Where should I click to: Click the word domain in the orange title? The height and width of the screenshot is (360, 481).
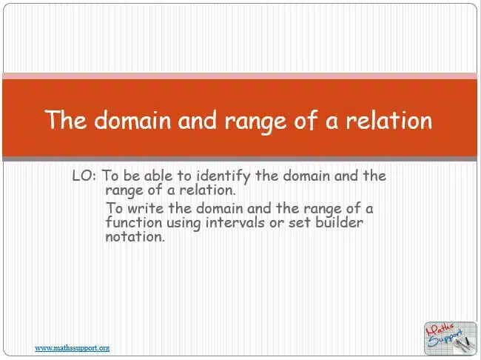click(x=132, y=120)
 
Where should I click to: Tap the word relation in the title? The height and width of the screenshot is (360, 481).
click(x=389, y=120)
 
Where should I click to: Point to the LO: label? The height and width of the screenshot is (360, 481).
click(x=84, y=176)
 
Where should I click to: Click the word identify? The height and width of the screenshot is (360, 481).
click(x=223, y=176)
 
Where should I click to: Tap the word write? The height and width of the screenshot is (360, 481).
click(x=145, y=209)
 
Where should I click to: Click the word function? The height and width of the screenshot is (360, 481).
click(x=134, y=222)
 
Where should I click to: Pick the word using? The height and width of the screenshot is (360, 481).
click(x=184, y=223)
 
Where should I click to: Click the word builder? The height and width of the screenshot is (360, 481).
click(x=339, y=222)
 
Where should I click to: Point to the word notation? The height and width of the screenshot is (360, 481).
click(x=135, y=236)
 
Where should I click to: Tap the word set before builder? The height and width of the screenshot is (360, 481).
click(x=300, y=222)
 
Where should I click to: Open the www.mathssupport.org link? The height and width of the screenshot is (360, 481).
click(x=72, y=348)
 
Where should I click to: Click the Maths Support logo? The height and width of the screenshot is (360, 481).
click(x=451, y=339)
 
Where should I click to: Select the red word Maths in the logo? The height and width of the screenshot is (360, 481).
click(x=440, y=330)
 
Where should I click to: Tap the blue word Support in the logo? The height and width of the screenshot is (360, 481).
click(x=445, y=339)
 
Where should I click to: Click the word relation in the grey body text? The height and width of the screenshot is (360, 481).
click(x=207, y=190)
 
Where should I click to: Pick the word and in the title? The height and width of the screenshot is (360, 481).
click(x=198, y=120)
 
